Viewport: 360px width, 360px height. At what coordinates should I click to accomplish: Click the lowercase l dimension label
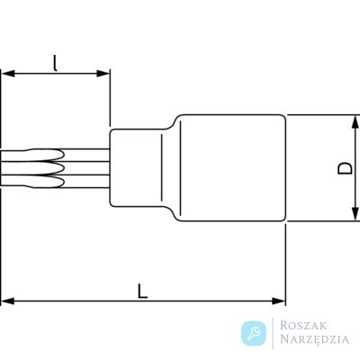tap(55, 64)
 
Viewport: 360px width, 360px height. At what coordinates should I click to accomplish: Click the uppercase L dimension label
tap(143, 292)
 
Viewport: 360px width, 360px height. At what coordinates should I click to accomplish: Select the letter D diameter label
tap(345, 168)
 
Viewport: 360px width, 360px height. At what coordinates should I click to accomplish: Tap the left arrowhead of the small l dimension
tap(8, 74)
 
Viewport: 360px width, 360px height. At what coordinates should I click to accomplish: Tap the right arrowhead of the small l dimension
tap(103, 74)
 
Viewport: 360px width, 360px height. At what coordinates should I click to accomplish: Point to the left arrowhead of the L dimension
tap(8, 301)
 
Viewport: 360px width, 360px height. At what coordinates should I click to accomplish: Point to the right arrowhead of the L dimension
tap(278, 301)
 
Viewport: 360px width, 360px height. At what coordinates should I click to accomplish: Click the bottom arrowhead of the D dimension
tap(355, 214)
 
